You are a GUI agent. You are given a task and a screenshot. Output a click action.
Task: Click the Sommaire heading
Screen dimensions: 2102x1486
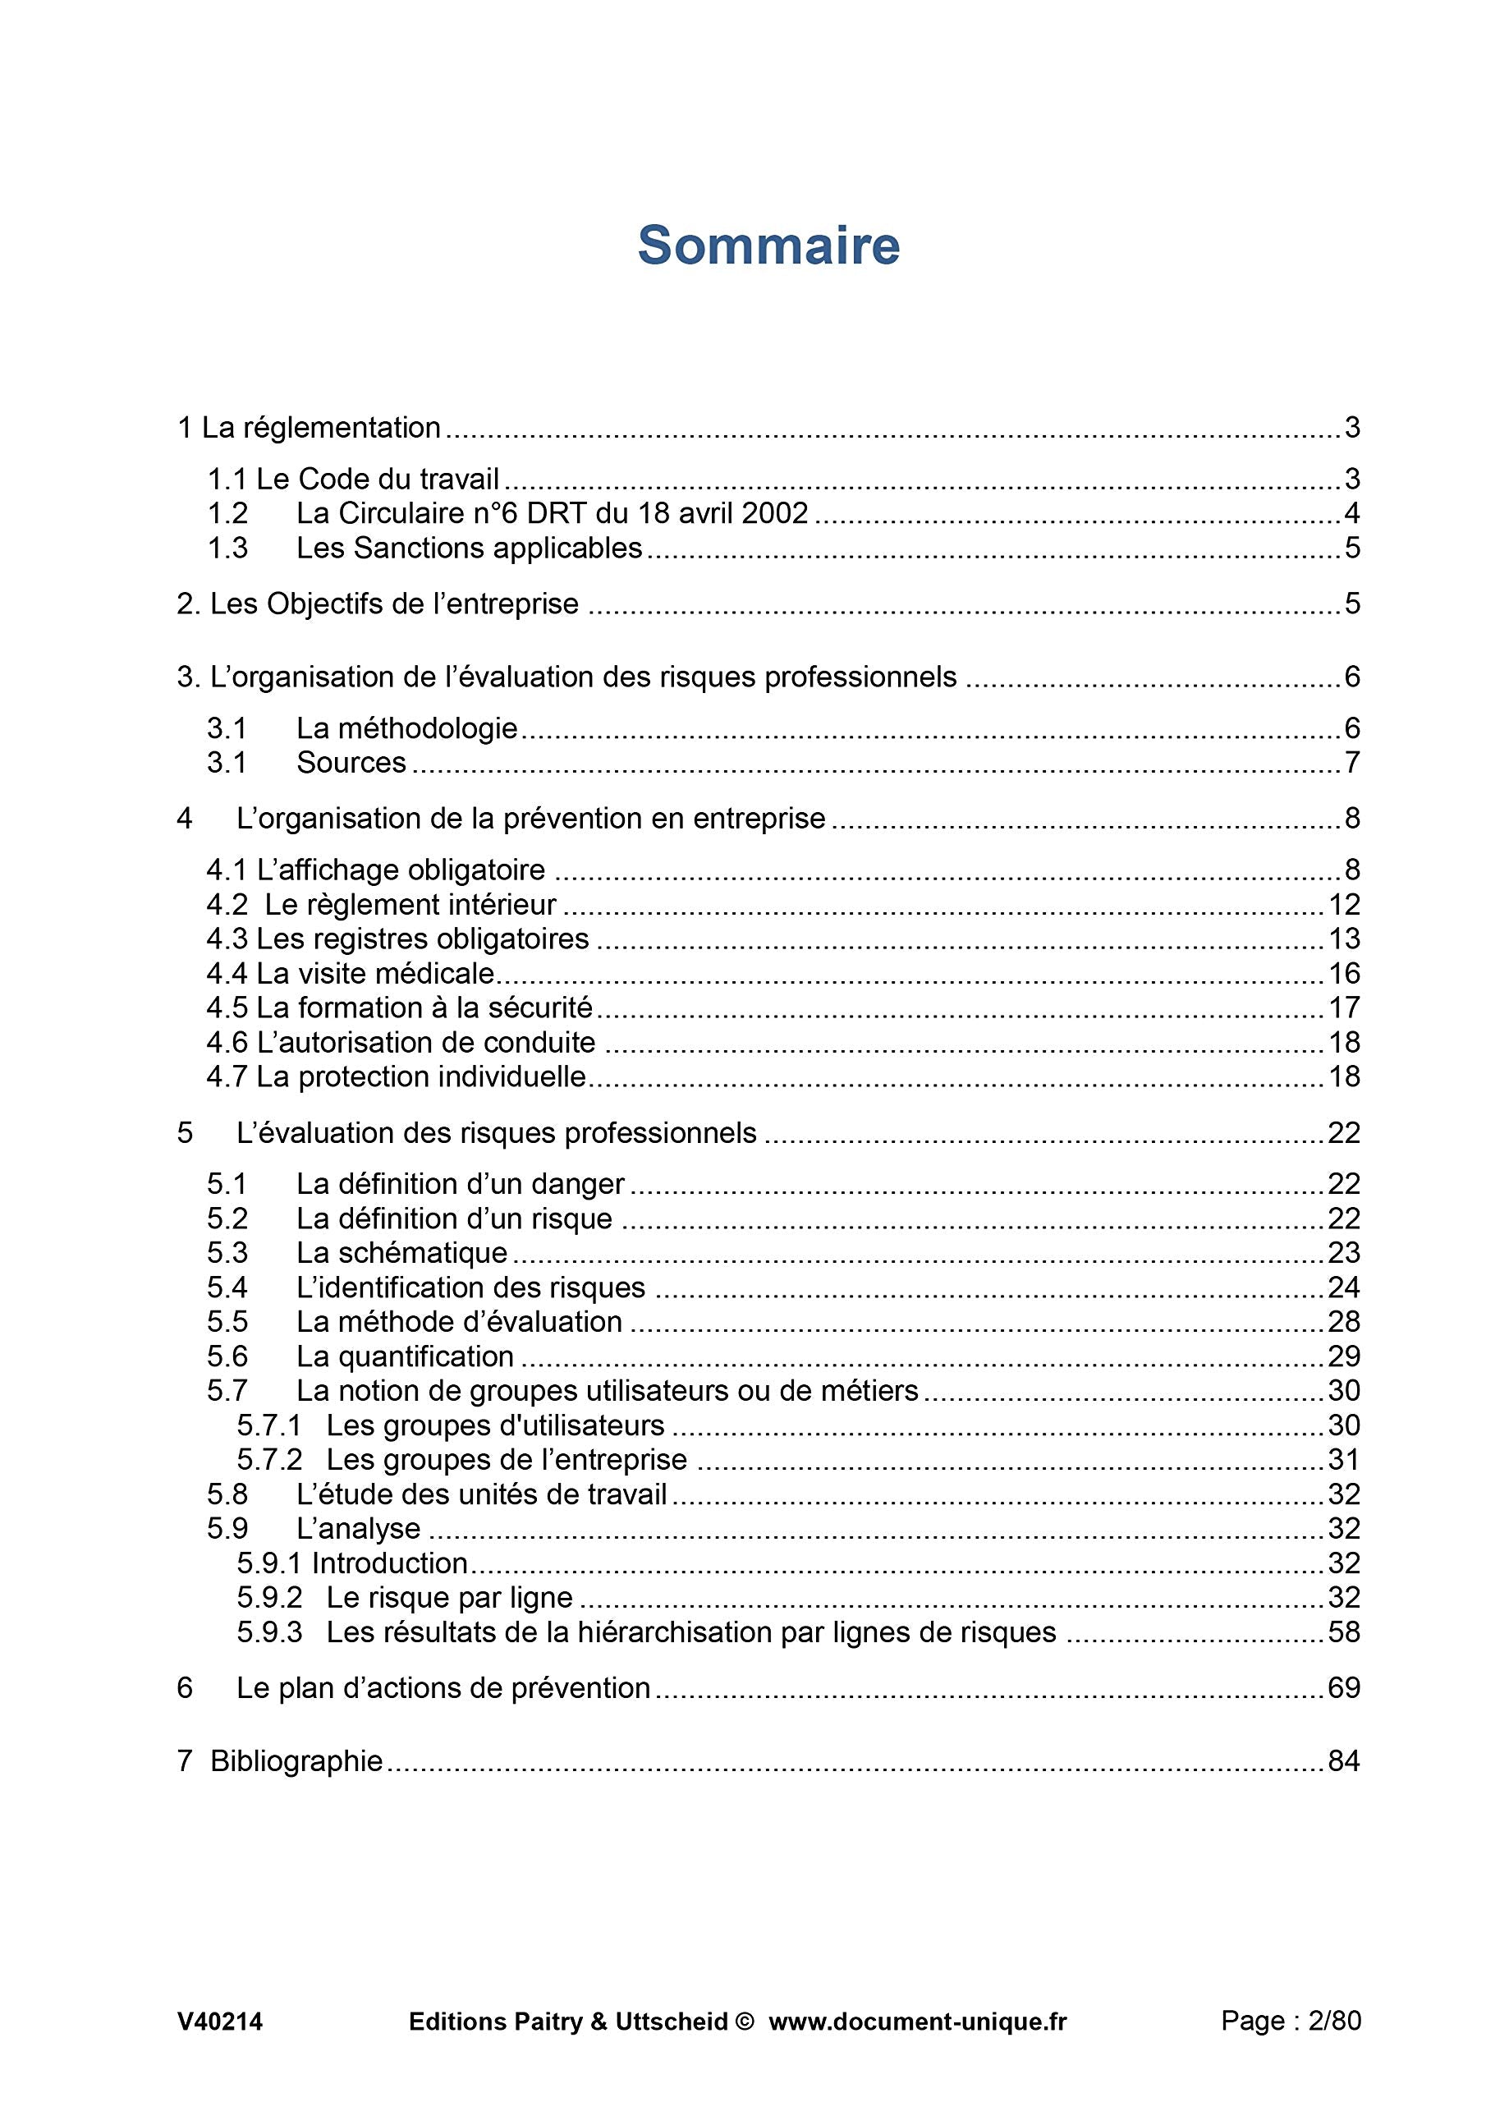(x=768, y=246)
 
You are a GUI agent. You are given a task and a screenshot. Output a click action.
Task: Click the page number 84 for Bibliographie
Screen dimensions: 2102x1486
(x=1343, y=1760)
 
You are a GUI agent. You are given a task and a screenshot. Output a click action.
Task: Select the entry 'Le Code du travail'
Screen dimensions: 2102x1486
(x=377, y=479)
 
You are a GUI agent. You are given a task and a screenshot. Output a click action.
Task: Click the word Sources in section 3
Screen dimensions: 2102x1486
(x=351, y=762)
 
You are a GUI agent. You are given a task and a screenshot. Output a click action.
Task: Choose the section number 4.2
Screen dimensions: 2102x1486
(x=227, y=905)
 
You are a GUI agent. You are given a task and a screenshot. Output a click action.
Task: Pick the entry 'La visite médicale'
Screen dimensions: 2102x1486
(x=375, y=973)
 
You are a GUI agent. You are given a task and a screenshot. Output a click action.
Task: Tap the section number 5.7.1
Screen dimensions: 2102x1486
(x=269, y=1425)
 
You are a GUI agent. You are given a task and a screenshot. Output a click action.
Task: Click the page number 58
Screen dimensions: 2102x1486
(x=1343, y=1632)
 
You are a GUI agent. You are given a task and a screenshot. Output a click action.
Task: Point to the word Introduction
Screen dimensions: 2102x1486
(x=390, y=1563)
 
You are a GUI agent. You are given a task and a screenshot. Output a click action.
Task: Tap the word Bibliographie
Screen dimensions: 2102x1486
(x=296, y=1760)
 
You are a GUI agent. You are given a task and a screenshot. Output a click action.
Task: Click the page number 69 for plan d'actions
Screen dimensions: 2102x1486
(x=1343, y=1687)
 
